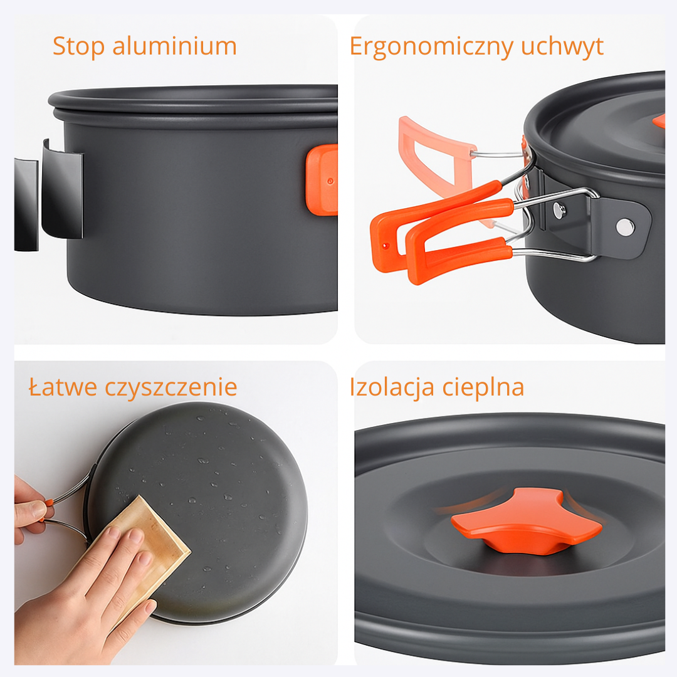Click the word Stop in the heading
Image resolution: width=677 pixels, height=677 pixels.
tap(78, 46)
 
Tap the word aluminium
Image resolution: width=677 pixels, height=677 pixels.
tap(174, 46)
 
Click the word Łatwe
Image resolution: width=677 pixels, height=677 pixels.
tap(63, 386)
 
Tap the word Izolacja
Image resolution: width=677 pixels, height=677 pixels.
tap(392, 387)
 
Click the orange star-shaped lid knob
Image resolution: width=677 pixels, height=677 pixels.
tap(526, 521)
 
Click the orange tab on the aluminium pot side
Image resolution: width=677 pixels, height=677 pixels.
tap(322, 180)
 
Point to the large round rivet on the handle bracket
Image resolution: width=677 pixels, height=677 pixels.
tap(625, 227)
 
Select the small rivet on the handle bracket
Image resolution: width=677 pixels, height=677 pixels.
tap(560, 210)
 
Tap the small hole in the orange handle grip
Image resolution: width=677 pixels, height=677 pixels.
tap(386, 246)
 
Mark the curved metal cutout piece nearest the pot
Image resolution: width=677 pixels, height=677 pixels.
tap(62, 189)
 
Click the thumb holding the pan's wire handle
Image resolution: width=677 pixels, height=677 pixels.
tap(33, 512)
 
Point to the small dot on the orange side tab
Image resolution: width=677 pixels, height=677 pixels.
tap(330, 181)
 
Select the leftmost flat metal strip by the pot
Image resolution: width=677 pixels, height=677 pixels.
tap(26, 204)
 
